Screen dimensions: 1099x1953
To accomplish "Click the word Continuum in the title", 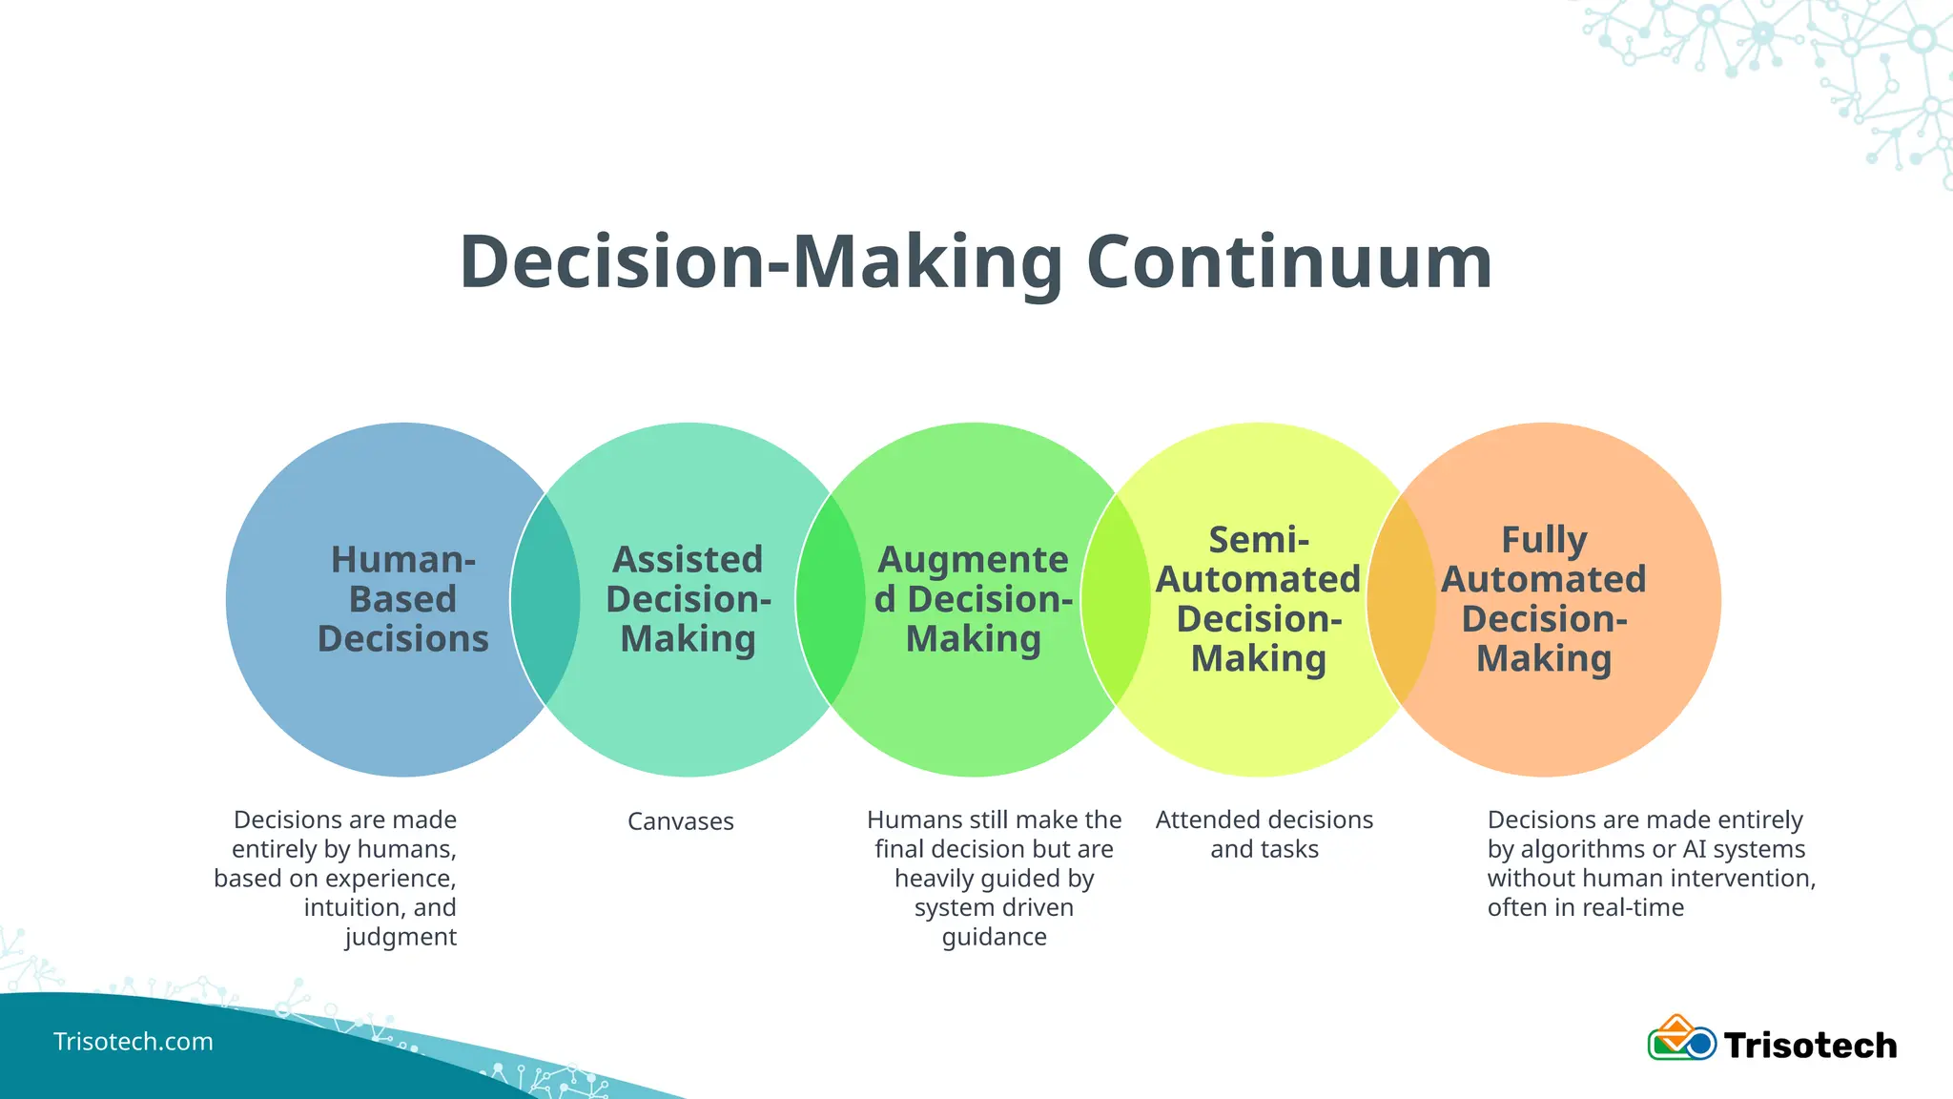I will point(1288,262).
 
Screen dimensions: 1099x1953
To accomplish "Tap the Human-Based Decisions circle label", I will point(402,599).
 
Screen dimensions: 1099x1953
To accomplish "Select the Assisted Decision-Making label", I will point(688,599).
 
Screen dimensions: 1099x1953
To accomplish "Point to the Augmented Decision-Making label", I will point(973,599).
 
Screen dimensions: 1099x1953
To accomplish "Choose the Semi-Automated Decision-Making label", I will point(1258,599).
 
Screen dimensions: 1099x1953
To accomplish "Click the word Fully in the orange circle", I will point(1543,540).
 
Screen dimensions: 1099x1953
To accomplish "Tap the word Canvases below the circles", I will point(680,821).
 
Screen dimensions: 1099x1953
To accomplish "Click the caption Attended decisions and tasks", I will point(1264,834).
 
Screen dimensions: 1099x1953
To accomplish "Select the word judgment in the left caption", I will point(401,937).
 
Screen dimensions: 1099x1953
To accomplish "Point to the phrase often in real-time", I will point(1585,907).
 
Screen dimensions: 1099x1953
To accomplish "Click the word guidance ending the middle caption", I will point(994,937).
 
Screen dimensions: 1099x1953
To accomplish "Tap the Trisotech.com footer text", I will point(133,1041).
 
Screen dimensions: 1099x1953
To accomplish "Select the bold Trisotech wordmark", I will point(1810,1046).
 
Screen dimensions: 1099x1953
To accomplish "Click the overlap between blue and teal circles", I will point(545,599).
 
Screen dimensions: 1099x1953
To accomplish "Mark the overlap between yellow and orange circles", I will point(1401,599).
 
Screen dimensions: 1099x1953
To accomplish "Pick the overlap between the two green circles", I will point(830,599).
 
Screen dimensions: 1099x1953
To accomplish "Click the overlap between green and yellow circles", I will point(1116,599).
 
